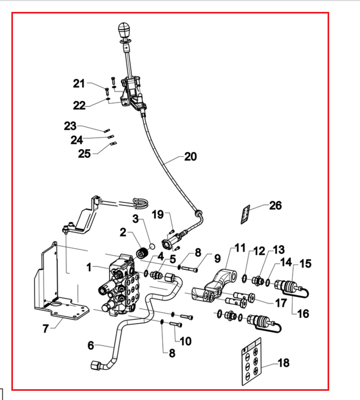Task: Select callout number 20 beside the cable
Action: [x=191, y=156]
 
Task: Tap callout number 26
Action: [x=276, y=205]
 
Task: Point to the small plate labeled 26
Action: [x=245, y=215]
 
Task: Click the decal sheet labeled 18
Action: [x=251, y=362]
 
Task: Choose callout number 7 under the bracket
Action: [x=45, y=329]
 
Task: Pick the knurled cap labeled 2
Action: [x=142, y=252]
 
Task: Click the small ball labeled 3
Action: [x=152, y=246]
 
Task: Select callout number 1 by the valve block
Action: [x=89, y=268]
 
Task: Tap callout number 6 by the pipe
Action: [x=91, y=345]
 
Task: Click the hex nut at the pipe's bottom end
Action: [x=96, y=365]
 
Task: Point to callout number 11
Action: [x=240, y=248]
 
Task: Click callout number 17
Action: [x=281, y=303]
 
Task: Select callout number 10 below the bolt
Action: [x=185, y=341]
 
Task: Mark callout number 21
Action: [x=79, y=83]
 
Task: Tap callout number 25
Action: [x=84, y=154]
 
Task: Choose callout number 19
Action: [x=158, y=214]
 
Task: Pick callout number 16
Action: [x=303, y=314]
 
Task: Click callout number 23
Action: [x=70, y=126]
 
